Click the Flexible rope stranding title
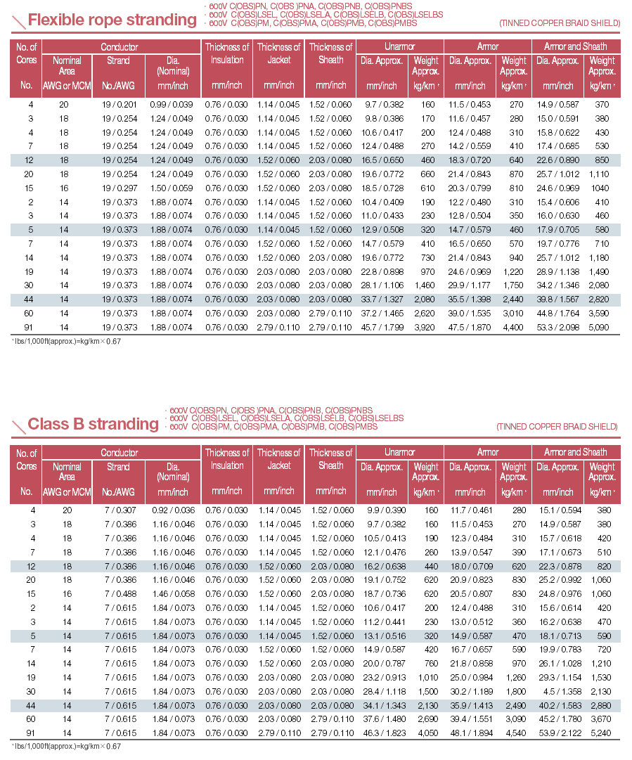[112, 20]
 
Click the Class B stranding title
[93, 424]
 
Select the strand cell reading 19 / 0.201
[118, 104]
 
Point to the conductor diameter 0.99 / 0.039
[172, 104]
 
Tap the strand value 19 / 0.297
[118, 189]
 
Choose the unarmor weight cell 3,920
[424, 327]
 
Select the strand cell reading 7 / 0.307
[118, 510]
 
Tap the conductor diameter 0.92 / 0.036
[172, 510]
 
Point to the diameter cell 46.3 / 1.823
[382, 733]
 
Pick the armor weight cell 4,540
[512, 733]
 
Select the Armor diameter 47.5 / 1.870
[470, 327]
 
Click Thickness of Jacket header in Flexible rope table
[278, 53]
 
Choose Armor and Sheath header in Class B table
[575, 452]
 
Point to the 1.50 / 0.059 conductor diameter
[172, 189]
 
